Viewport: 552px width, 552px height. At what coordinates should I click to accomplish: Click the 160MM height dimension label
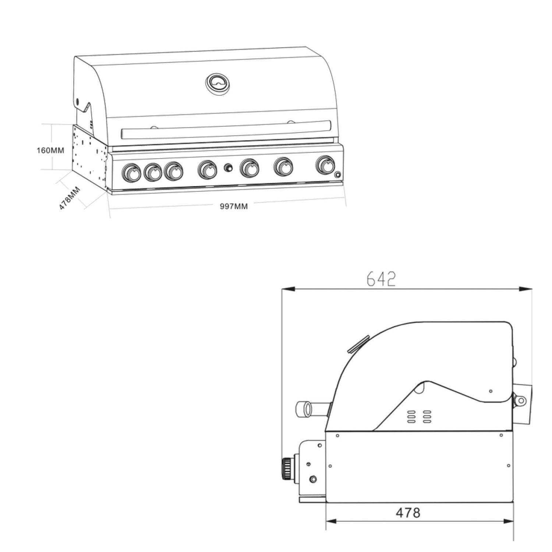click(50, 150)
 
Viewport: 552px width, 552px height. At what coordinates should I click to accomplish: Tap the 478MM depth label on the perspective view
click(70, 198)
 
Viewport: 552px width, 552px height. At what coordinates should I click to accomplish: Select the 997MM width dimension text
click(234, 206)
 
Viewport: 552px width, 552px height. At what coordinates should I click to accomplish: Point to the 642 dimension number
click(381, 279)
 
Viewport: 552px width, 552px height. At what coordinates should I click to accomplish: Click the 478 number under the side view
click(408, 513)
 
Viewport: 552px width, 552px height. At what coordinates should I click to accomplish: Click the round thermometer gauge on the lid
click(218, 84)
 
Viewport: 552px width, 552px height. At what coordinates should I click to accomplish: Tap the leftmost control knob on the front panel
click(131, 173)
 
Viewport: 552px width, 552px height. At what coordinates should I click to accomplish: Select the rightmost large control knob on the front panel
click(326, 165)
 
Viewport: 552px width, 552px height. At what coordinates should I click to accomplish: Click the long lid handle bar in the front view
click(226, 130)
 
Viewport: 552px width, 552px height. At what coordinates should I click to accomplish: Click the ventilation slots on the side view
click(419, 417)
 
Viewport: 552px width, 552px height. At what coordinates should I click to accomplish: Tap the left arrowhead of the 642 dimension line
click(288, 289)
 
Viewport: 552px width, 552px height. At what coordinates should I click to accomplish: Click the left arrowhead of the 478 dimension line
click(331, 521)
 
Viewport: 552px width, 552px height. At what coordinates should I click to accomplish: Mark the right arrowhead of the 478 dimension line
click(508, 521)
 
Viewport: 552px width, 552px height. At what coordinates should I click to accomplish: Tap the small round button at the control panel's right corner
click(337, 175)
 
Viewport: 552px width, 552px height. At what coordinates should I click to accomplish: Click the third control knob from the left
click(174, 171)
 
